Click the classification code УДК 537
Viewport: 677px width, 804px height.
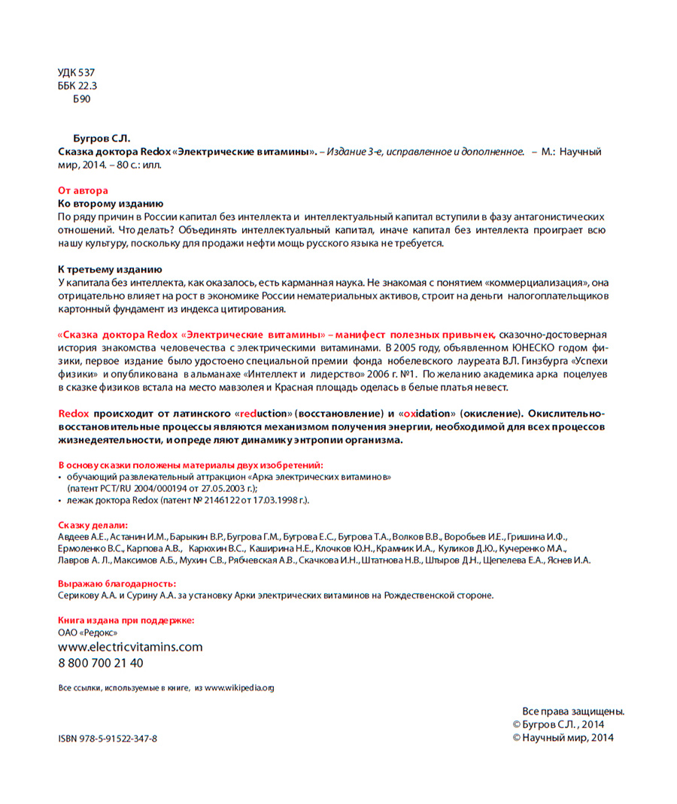pos(76,72)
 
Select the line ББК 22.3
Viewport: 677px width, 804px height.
pos(77,85)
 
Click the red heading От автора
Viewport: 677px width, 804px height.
pos(83,190)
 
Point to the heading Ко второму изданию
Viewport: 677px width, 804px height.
pos(111,203)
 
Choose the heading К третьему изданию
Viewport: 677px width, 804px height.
pos(110,269)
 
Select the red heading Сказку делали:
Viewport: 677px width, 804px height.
pos(93,524)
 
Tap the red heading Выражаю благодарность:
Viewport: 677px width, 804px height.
pos(117,583)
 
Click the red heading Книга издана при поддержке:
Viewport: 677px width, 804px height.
pos(126,620)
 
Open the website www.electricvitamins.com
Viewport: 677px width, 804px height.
pos(130,647)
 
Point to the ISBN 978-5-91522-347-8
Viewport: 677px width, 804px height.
pos(108,739)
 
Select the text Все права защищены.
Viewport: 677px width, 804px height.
pos(573,711)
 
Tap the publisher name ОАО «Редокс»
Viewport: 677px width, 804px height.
pos(87,633)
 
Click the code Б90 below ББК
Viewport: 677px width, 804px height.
pos(81,98)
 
